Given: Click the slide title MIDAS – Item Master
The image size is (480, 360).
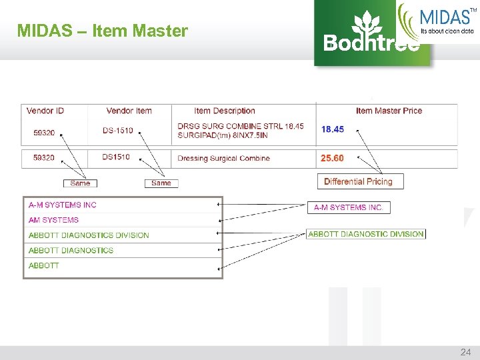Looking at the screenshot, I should pyautogui.click(x=103, y=31).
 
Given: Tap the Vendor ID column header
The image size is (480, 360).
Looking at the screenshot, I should pyautogui.click(x=45, y=111).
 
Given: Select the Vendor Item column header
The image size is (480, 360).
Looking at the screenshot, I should pyautogui.click(x=129, y=111).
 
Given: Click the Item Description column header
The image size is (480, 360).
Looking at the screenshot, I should pyautogui.click(x=225, y=111).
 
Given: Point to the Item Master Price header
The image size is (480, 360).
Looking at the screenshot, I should pyautogui.click(x=389, y=111).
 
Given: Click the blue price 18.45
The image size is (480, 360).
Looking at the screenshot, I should pyautogui.click(x=333, y=129).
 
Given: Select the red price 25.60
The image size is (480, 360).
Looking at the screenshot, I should pyautogui.click(x=333, y=158).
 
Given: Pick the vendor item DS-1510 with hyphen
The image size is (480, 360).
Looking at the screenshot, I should pyautogui.click(x=117, y=131).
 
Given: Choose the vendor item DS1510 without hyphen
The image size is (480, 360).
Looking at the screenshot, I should pyautogui.click(x=116, y=157).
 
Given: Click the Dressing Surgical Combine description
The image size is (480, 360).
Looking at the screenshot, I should pyautogui.click(x=223, y=159).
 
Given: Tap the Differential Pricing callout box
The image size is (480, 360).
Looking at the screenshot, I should pyautogui.click(x=358, y=181).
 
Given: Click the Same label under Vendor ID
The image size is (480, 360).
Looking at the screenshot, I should pyautogui.click(x=80, y=183).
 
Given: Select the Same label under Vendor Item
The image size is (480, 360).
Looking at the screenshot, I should pyautogui.click(x=161, y=183).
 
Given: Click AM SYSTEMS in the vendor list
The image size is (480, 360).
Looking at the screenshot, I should pyautogui.click(x=53, y=220).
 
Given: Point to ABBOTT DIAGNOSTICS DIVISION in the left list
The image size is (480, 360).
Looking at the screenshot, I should pyautogui.click(x=89, y=235).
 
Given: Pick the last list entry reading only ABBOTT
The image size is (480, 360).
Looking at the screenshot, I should pyautogui.click(x=43, y=265).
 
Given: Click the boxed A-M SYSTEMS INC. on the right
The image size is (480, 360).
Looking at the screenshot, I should pyautogui.click(x=348, y=208).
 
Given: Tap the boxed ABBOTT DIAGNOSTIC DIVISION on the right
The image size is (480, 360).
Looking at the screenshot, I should pyautogui.click(x=366, y=234).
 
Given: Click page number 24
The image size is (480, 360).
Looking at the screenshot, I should pyautogui.click(x=465, y=351).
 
